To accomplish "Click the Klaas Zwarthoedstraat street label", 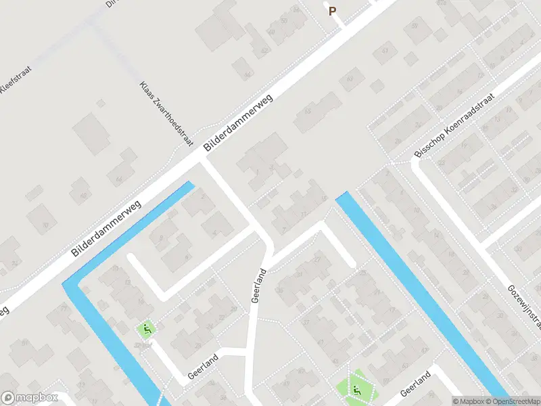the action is click(166, 115).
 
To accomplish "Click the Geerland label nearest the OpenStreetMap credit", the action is click(415, 384).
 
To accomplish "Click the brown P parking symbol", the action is click(332, 11).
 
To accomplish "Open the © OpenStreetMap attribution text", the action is click(515, 401).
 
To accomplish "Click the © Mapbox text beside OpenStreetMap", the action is click(469, 401).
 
